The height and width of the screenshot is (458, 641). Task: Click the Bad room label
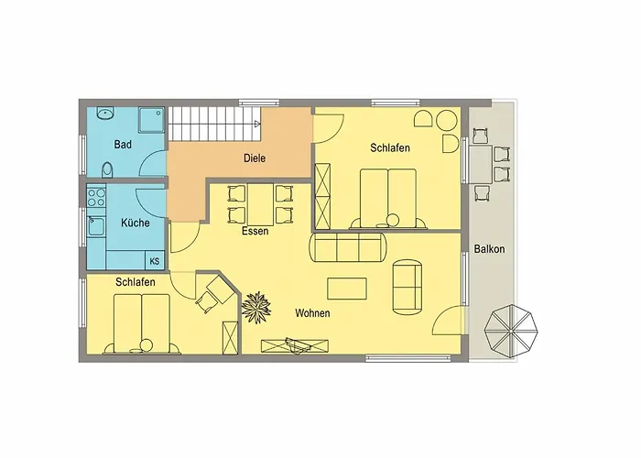point(122,145)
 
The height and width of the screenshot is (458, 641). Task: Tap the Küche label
point(135,223)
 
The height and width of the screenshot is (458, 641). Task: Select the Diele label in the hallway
point(255,158)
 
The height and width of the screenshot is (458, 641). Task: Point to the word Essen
point(255,232)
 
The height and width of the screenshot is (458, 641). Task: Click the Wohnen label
point(312,313)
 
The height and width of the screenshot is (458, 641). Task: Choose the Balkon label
point(490,248)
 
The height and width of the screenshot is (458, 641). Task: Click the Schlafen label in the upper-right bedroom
point(389,147)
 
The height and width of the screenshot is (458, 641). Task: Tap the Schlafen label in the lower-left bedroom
point(135,283)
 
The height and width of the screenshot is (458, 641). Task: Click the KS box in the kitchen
point(154,261)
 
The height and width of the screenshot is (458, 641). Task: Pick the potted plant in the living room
point(257,307)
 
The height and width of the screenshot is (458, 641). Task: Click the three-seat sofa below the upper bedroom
point(347,248)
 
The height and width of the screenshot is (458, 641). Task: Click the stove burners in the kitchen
point(95,196)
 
